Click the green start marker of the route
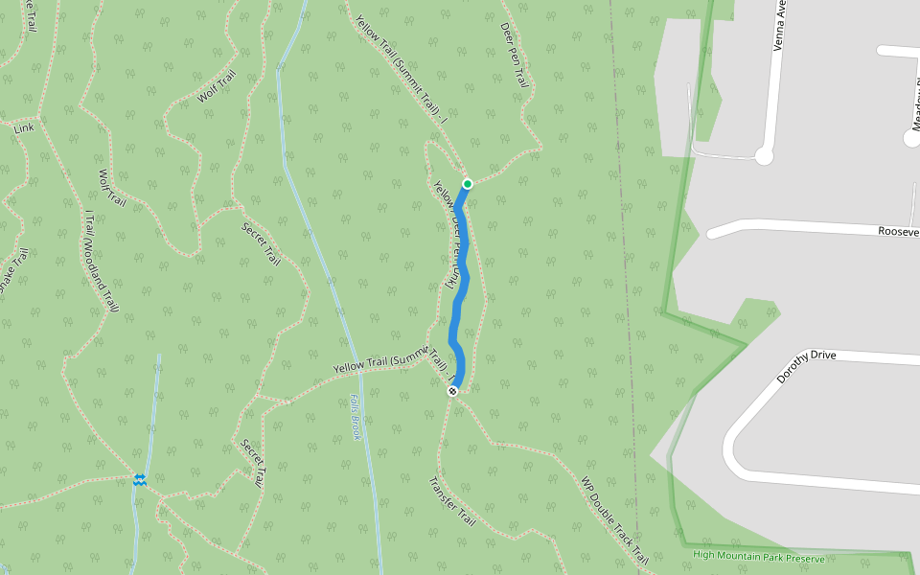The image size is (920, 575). pos(468,183)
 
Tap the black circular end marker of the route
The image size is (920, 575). pos(452,391)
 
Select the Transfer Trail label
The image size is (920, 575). pos(452,501)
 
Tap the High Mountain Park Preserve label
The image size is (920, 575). pos(758,555)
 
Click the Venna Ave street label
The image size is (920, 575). pos(779,26)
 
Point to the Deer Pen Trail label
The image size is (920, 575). pos(515,57)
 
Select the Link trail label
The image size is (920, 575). pos(24,127)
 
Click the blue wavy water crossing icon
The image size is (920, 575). pos(140,479)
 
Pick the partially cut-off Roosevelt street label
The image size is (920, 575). pos(898,231)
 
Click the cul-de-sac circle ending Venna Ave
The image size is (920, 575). pos(764,155)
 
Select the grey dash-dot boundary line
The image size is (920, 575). pos(625,287)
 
